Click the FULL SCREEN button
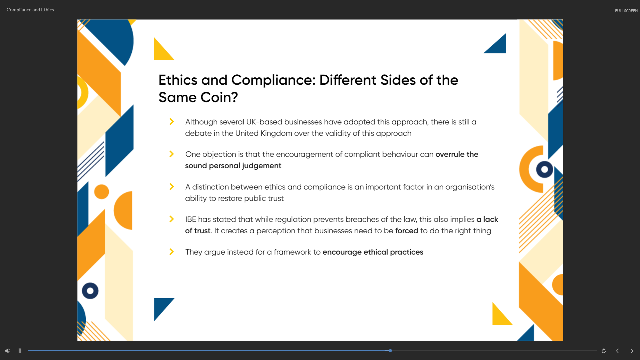click(626, 11)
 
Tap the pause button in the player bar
click(20, 351)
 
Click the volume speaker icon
click(7, 351)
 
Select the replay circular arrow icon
click(604, 351)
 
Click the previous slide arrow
click(618, 351)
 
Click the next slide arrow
click(632, 351)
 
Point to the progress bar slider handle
click(390, 351)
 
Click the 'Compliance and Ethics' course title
click(30, 10)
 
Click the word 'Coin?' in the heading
click(219, 97)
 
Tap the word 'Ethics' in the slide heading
click(178, 80)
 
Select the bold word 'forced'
click(407, 231)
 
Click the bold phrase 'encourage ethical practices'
click(373, 252)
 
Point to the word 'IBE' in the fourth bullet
click(191, 219)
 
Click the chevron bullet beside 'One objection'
click(172, 154)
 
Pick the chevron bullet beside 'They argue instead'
click(172, 252)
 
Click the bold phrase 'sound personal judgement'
click(233, 166)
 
